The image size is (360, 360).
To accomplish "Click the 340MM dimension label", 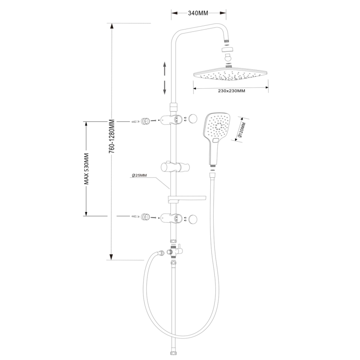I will click(198, 13).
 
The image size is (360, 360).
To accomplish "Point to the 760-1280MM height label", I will click(111, 137).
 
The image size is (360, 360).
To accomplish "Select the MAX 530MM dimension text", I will click(87, 168).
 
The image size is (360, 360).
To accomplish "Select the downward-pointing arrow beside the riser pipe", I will click(165, 87).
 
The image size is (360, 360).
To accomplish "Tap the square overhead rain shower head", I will click(230, 75).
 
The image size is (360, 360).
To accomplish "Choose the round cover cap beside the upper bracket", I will click(192, 119).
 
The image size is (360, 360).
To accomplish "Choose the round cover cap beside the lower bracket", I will click(192, 219).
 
